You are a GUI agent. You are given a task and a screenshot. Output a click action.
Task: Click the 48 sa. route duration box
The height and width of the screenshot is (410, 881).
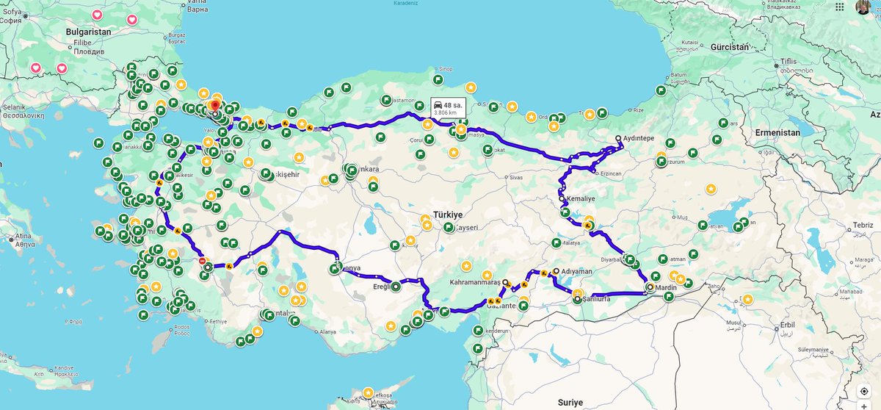click(x=448, y=108)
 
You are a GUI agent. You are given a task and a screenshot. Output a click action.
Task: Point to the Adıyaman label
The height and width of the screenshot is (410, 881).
click(x=576, y=271)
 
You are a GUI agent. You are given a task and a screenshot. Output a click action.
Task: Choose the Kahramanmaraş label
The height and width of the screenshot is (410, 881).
click(x=474, y=282)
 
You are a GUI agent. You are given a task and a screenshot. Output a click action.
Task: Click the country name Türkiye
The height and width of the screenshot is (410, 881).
click(x=448, y=214)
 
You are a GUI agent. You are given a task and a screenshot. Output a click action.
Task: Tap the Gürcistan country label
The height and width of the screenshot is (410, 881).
click(x=729, y=47)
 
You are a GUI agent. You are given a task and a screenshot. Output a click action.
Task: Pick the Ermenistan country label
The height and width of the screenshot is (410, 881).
click(x=778, y=132)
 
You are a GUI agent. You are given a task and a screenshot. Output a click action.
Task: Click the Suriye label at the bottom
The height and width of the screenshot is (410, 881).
click(x=570, y=402)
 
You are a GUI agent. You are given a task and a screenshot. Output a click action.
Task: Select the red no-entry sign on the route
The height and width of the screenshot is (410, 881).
click(x=202, y=260)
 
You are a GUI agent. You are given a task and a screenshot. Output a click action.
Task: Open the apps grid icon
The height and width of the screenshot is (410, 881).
click(x=840, y=7)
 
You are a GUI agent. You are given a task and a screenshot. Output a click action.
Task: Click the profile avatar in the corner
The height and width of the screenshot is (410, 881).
click(x=863, y=7)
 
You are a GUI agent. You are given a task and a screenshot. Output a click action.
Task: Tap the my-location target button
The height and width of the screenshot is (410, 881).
click(x=863, y=391)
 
